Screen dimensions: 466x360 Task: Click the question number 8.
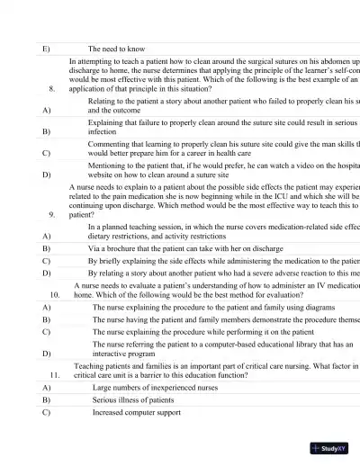pyautogui.click(x=52, y=89)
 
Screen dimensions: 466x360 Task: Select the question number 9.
pyautogui.click(x=52, y=216)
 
